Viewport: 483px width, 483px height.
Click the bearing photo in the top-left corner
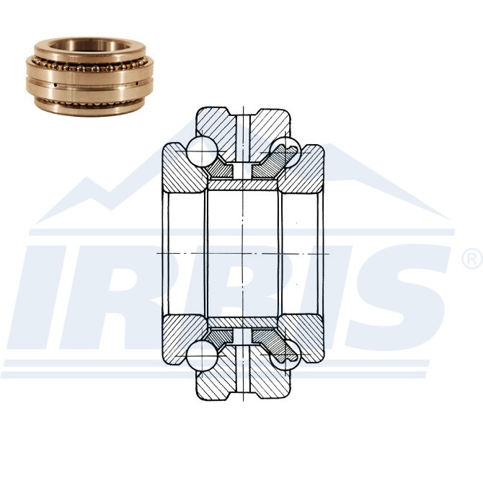click(89, 76)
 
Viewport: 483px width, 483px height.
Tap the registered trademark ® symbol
click(472, 259)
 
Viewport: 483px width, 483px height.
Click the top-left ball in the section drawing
click(202, 151)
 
